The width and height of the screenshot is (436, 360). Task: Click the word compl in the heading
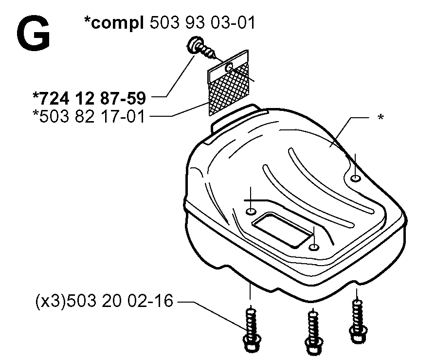point(118,23)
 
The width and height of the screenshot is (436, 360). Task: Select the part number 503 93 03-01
point(202,22)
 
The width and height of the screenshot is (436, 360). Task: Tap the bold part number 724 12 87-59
point(92,98)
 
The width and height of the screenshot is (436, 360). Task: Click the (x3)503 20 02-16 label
point(105,301)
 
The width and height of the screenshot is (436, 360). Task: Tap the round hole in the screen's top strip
point(229,67)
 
